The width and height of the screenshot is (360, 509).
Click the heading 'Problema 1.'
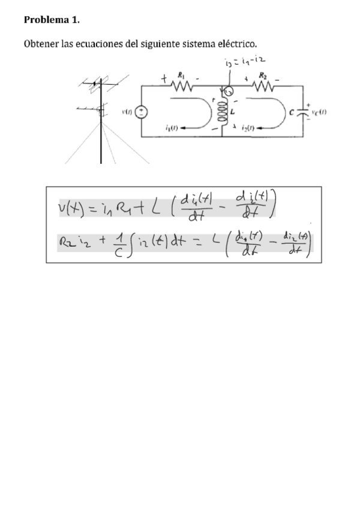pyautogui.click(x=51, y=20)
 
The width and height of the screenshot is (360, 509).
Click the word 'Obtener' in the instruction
pyautogui.click(x=41, y=44)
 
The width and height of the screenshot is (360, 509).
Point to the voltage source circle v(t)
pyautogui.click(x=142, y=112)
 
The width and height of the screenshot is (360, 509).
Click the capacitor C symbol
pyautogui.click(x=303, y=112)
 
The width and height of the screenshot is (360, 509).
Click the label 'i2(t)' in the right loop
pyautogui.click(x=250, y=128)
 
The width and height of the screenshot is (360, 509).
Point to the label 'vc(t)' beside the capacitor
pyautogui.click(x=318, y=112)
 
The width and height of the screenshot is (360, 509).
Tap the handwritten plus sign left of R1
pyautogui.click(x=163, y=78)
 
